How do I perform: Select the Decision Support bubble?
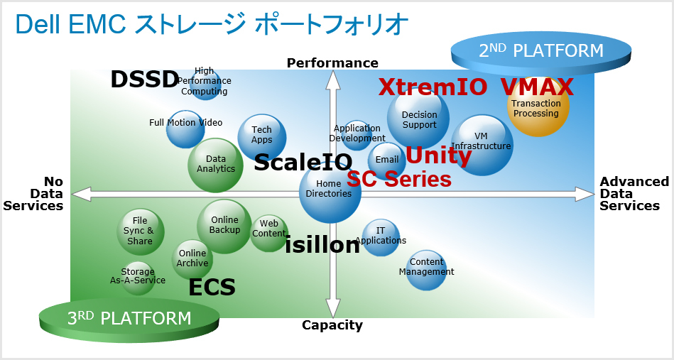pyautogui.click(x=418, y=119)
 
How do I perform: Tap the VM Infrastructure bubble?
pyautogui.click(x=482, y=144)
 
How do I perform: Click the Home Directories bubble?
pyautogui.click(x=330, y=190)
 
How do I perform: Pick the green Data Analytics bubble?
pyautogui.click(x=216, y=165)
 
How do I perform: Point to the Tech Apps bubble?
pyautogui.click(x=261, y=136)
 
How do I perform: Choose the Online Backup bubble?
pyautogui.click(x=224, y=226)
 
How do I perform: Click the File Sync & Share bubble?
pyautogui.click(x=140, y=231)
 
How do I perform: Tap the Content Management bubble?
pyautogui.click(x=426, y=268)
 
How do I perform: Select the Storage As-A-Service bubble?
pyautogui.click(x=137, y=277)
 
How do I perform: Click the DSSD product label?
pyautogui.click(x=143, y=80)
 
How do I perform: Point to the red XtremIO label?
pyautogui.click(x=433, y=87)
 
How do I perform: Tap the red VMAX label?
pyautogui.click(x=536, y=87)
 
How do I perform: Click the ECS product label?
pyautogui.click(x=212, y=288)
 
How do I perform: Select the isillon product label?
pyautogui.click(x=322, y=245)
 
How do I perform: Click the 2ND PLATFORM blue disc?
pyautogui.click(x=541, y=52)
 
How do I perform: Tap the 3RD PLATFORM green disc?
pyautogui.click(x=129, y=319)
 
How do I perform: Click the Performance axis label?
pyautogui.click(x=332, y=63)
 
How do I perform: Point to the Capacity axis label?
pyautogui.click(x=332, y=325)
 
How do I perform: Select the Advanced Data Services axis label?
pyautogui.click(x=634, y=194)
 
